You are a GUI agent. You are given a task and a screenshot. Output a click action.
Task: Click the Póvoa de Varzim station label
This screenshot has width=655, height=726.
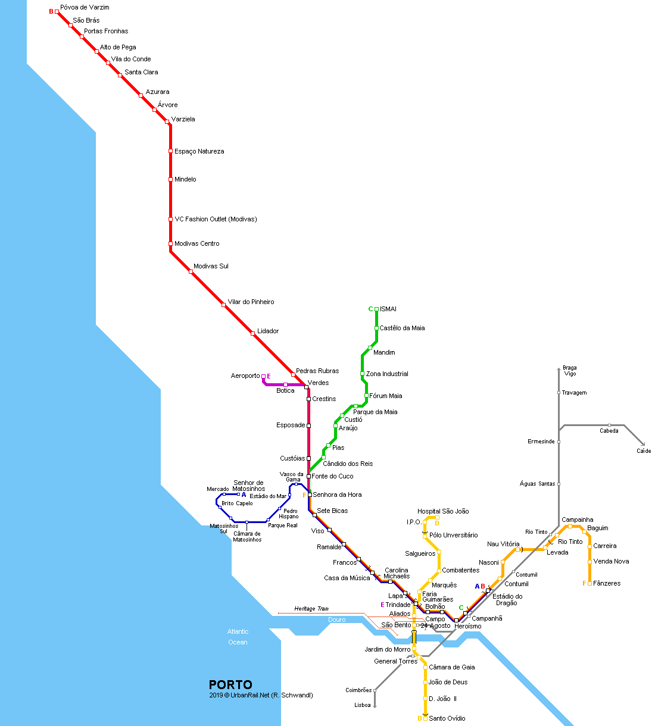(85, 8)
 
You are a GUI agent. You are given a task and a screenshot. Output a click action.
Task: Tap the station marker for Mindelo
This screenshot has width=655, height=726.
(170, 179)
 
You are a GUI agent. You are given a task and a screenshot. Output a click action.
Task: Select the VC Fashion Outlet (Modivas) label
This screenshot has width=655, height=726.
(216, 220)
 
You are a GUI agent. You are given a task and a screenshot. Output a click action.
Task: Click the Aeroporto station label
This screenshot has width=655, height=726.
(245, 376)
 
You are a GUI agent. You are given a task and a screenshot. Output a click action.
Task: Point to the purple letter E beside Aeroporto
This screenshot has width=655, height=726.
(269, 376)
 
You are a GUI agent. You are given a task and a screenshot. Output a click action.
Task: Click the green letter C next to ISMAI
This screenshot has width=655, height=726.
(370, 309)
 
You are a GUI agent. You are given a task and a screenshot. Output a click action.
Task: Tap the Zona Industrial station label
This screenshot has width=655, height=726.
(387, 374)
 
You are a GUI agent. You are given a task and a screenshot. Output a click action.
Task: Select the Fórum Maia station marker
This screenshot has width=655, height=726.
(366, 396)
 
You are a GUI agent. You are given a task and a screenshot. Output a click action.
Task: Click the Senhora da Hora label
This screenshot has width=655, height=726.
(337, 495)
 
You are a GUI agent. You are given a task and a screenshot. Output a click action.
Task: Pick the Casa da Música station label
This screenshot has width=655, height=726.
(347, 578)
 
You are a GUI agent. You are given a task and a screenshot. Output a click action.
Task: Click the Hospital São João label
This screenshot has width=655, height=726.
(443, 511)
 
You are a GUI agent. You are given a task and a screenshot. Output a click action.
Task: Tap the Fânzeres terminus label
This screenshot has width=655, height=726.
(607, 584)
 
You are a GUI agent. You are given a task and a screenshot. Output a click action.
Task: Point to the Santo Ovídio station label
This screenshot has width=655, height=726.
(447, 719)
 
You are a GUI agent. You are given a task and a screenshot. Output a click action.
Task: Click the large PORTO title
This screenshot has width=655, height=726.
(230, 685)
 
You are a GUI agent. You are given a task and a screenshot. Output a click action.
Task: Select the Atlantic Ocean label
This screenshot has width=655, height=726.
(238, 637)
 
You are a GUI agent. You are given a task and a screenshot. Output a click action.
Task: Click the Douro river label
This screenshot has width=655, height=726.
(336, 620)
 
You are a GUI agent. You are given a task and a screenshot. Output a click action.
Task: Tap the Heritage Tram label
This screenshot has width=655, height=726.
(311, 609)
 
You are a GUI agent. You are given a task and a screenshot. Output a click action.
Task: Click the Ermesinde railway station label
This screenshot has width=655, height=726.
(541, 442)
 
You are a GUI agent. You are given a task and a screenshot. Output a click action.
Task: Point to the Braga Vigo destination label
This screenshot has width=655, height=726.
(570, 371)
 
